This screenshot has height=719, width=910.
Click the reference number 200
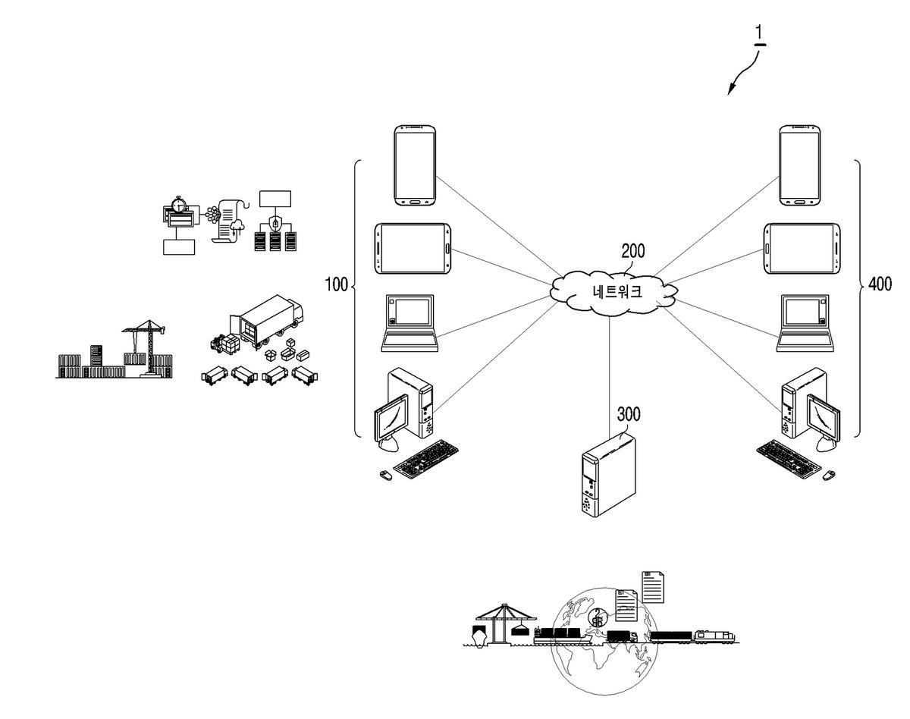point(632,251)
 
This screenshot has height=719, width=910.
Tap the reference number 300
point(629,414)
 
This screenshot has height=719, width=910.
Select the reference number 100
point(336,284)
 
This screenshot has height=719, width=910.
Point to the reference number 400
point(880,284)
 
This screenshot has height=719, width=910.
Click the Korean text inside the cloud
point(617,291)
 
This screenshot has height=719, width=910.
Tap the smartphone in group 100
point(415,165)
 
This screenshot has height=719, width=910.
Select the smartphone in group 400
point(799,165)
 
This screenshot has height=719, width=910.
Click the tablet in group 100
point(413,249)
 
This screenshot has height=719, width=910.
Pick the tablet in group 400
point(802,249)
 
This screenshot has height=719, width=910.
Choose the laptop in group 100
point(409,323)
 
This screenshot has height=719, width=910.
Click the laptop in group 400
point(805,323)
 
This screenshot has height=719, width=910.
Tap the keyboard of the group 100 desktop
point(426,459)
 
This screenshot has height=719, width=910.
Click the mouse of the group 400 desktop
point(829,475)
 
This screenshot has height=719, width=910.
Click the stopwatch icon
point(178,204)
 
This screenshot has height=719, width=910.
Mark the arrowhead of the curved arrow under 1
point(730,90)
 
